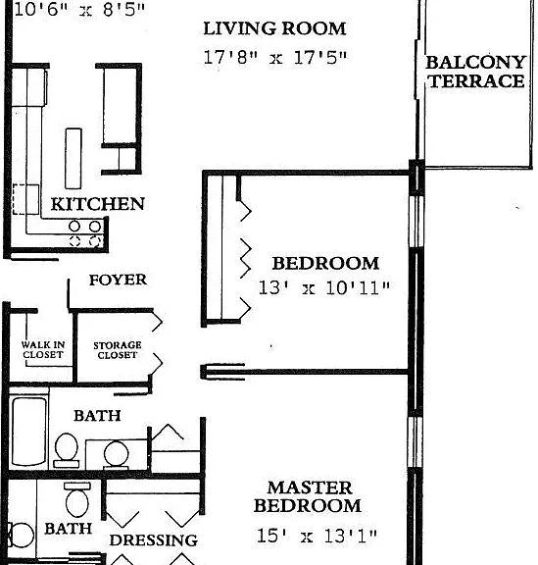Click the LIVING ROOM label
tap(274, 28)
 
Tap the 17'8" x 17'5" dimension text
tap(275, 58)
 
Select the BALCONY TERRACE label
tap(475, 72)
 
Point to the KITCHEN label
tap(98, 204)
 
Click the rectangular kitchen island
tap(73, 158)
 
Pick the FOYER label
tap(118, 280)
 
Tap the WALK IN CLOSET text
tap(43, 349)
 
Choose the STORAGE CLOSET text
tap(118, 350)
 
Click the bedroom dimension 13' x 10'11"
tap(324, 288)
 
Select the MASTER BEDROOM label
tap(308, 496)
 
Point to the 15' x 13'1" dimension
tap(317, 536)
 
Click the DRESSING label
tap(154, 540)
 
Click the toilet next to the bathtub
tap(67, 450)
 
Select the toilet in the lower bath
tap(77, 500)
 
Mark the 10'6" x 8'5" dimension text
tap(79, 10)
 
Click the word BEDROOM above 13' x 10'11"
tap(325, 264)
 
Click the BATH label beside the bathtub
tap(97, 416)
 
